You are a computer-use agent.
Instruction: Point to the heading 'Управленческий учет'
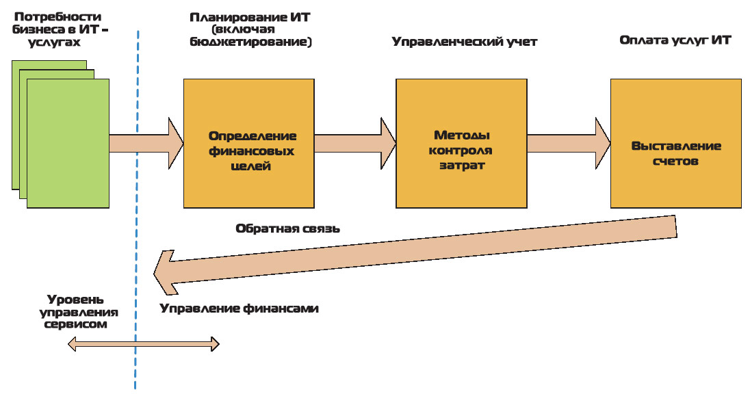tap(465, 42)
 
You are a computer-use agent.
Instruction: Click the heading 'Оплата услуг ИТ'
tap(675, 40)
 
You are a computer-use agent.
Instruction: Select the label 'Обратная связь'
tap(288, 228)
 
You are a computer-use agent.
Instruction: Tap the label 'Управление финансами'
tap(239, 308)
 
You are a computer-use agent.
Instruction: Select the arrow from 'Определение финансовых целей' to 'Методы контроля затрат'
tap(354, 143)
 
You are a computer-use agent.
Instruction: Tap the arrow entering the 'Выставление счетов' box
tap(569, 142)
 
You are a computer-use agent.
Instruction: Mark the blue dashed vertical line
tap(137, 205)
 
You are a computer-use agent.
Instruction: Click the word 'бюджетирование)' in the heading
tap(252, 42)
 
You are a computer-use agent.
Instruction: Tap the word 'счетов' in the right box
tap(676, 163)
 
